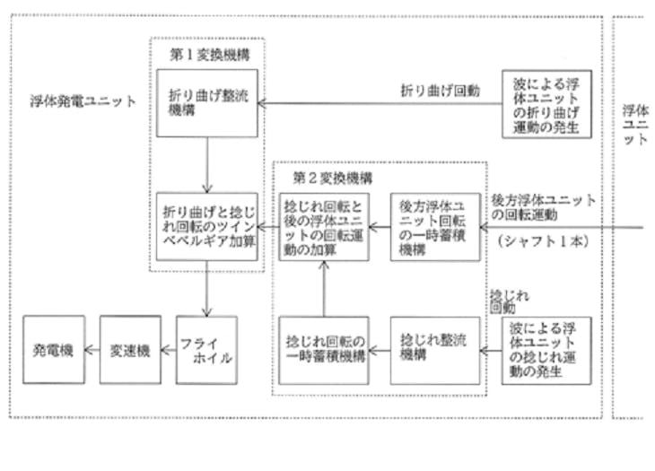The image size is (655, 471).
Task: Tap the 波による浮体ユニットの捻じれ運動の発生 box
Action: coord(546,351)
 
